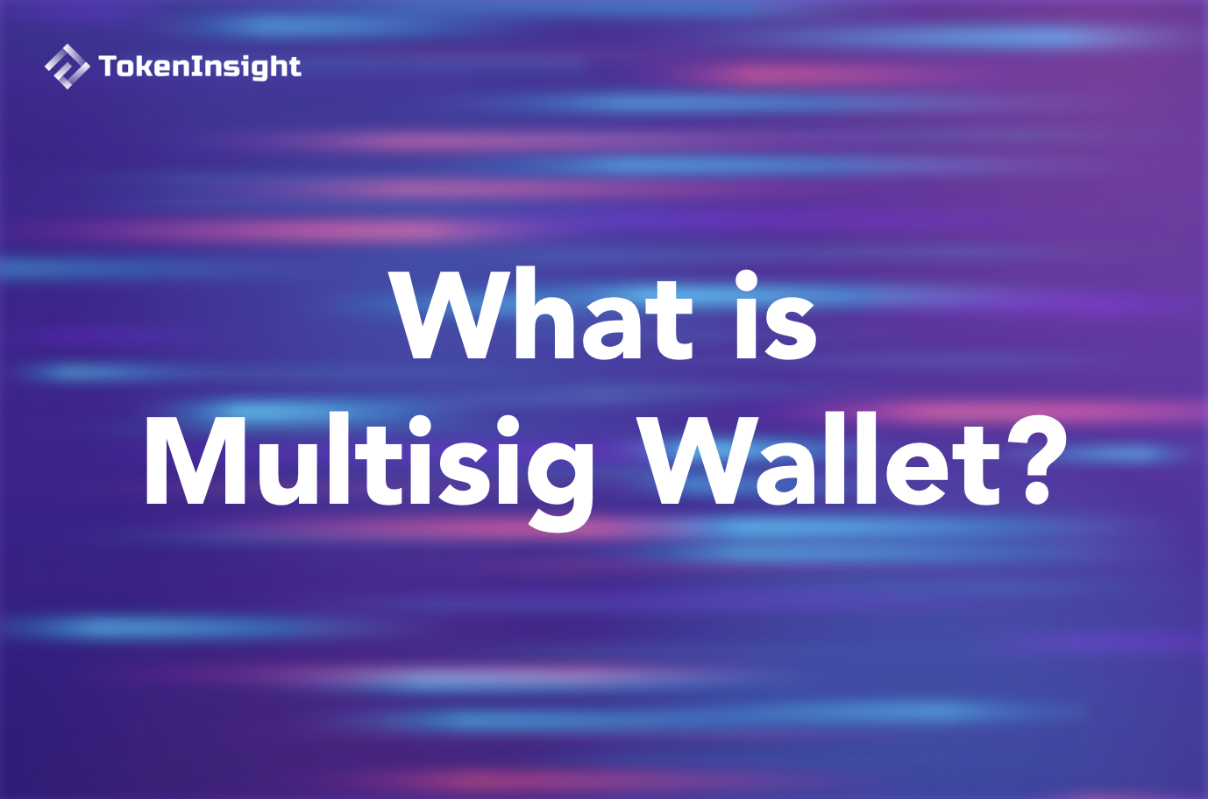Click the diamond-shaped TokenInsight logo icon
click(x=67, y=67)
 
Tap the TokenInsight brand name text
click(x=200, y=67)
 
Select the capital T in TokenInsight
click(x=108, y=67)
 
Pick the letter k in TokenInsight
click(x=140, y=67)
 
